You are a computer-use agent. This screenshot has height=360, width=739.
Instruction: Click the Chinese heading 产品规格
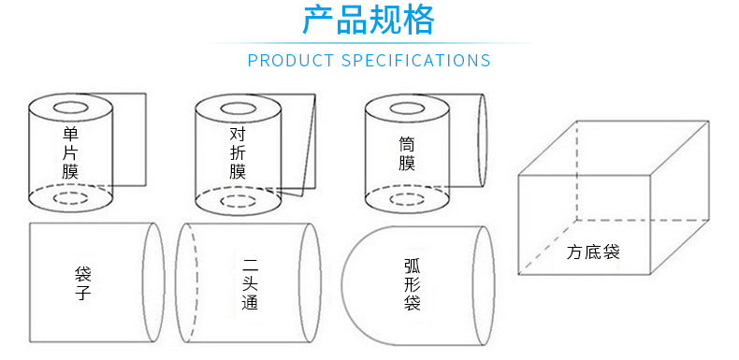369,21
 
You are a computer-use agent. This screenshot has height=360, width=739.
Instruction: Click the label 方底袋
593,252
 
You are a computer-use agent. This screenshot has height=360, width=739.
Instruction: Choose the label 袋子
82,283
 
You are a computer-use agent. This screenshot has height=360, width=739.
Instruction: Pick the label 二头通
248,283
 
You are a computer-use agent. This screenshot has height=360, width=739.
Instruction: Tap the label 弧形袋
413,283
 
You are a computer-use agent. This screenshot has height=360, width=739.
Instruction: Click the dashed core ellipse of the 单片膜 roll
70,199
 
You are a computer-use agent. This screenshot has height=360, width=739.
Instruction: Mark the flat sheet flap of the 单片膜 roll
131,140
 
